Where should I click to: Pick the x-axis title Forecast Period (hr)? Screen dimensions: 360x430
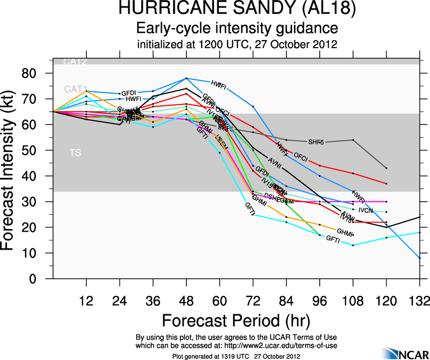(236, 320)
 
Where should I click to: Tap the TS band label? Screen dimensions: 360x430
(75, 153)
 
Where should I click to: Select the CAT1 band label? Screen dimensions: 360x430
(75, 89)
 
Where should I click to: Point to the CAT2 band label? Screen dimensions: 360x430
(75, 61)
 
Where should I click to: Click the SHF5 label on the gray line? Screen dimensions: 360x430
(316, 141)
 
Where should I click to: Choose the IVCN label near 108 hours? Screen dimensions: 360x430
(365, 210)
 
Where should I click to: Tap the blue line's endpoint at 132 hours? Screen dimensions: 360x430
(419, 258)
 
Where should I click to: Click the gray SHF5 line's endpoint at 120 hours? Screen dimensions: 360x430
(386, 168)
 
